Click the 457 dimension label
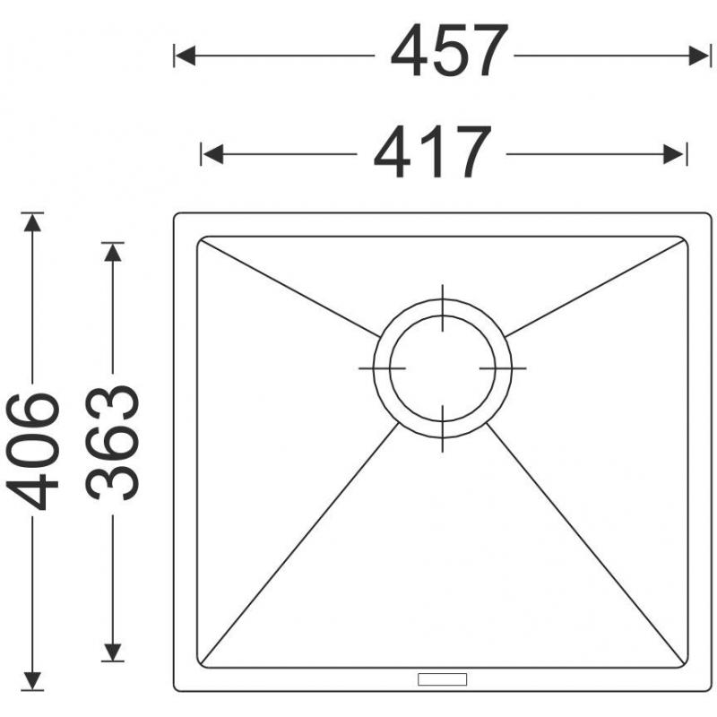coord(449,51)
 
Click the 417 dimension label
coord(432,151)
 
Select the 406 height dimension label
coord(32,451)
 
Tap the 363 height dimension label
coord(112,442)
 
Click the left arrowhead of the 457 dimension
coord(186,56)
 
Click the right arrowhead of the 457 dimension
coord(699,56)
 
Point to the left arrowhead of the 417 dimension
coord(212,154)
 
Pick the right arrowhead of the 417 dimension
coord(674,154)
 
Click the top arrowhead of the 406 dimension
coord(32,222)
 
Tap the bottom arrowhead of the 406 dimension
coord(32,680)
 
